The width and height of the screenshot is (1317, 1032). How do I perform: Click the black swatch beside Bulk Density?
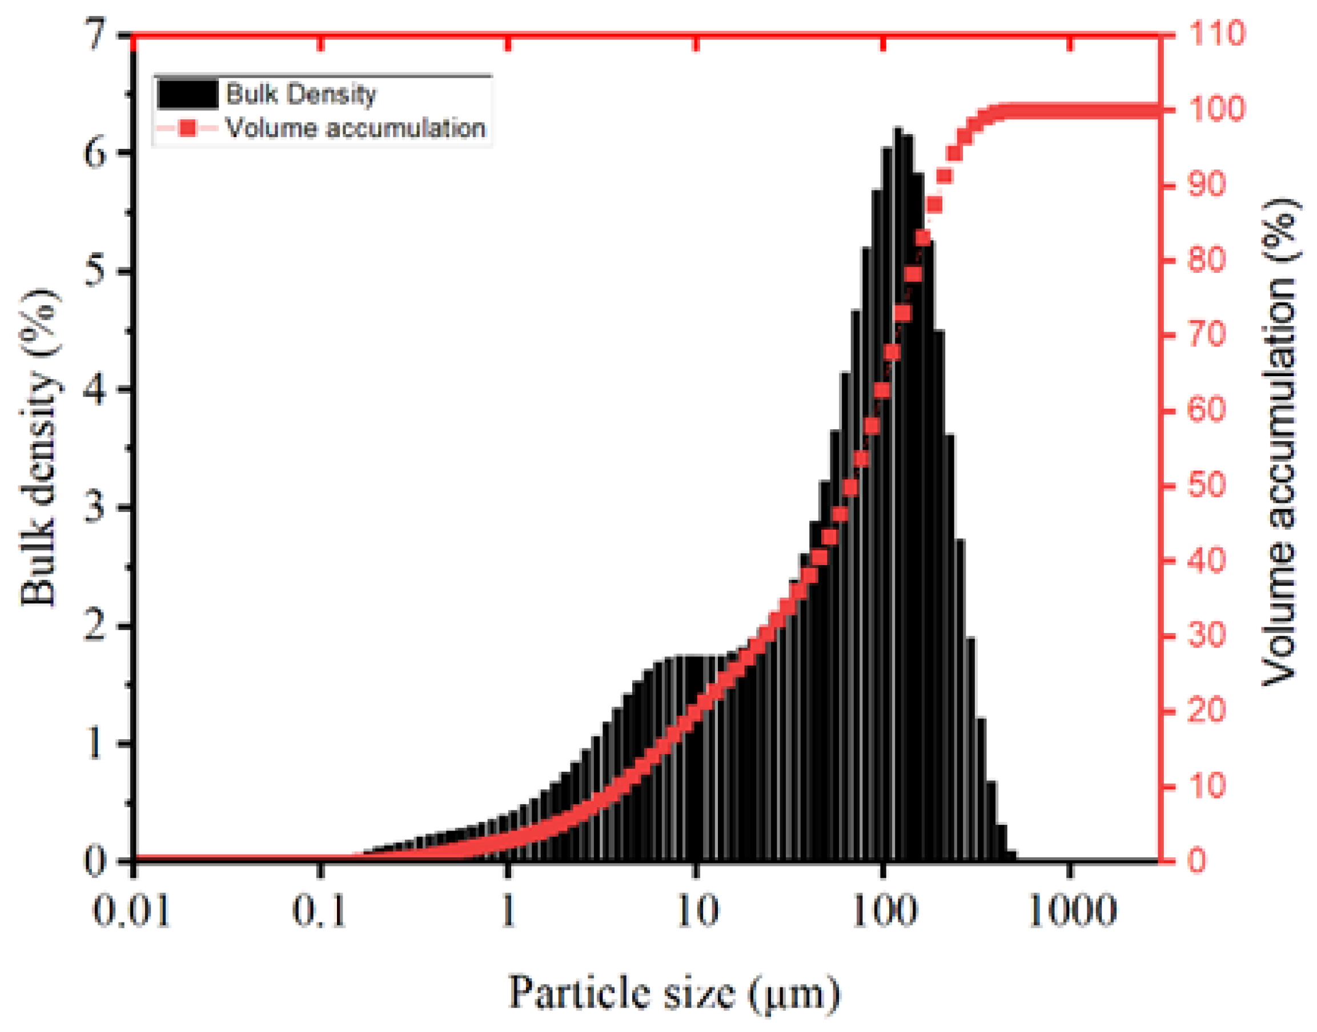(x=187, y=94)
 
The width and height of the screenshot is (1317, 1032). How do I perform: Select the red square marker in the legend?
(x=188, y=128)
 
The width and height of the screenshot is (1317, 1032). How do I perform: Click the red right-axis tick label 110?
(x=1216, y=33)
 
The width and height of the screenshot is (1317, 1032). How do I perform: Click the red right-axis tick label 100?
(x=1216, y=110)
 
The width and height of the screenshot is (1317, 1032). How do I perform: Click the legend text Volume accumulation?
(x=355, y=128)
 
